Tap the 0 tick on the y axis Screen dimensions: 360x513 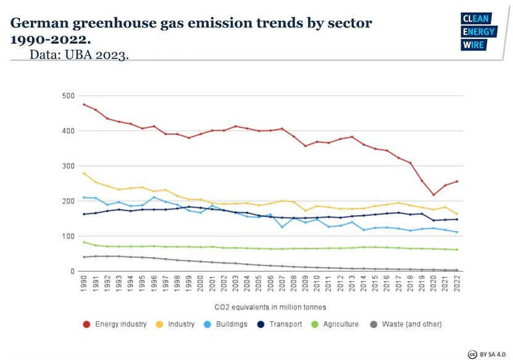72,272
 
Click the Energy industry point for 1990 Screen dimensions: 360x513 84,104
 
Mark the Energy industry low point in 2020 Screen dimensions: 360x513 433,195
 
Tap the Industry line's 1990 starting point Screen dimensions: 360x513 84,174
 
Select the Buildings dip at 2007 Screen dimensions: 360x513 282,227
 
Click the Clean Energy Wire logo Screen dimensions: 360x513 477,31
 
